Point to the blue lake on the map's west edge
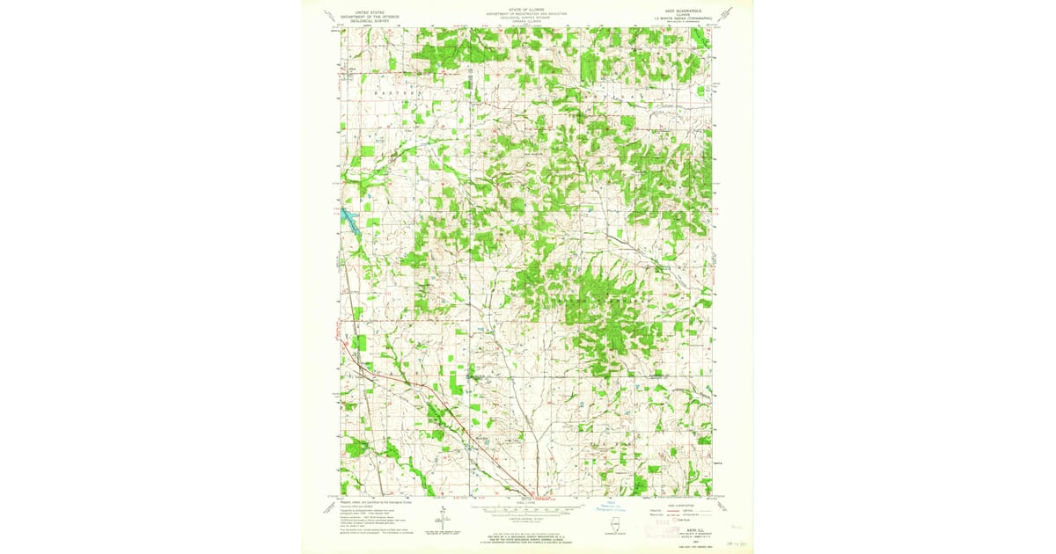[x=347, y=219]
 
